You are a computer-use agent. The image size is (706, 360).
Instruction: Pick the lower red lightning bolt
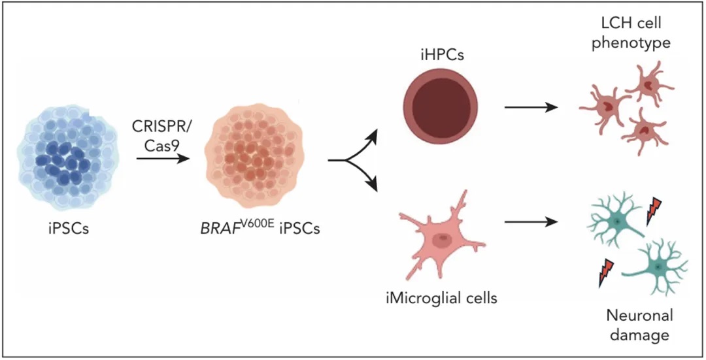(607, 272)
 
